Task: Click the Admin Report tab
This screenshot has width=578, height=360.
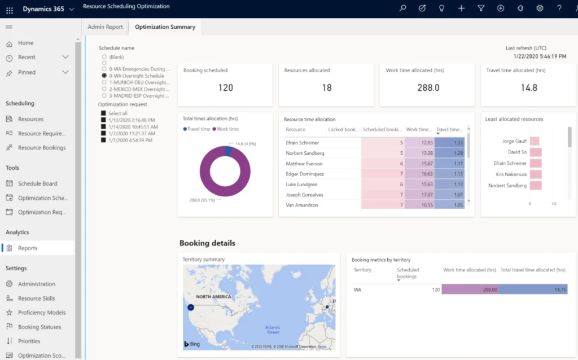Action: (x=105, y=27)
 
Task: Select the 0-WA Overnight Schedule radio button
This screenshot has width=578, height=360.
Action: (x=104, y=76)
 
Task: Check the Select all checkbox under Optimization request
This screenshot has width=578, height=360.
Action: (x=103, y=113)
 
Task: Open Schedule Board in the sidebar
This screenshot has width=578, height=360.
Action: (x=37, y=183)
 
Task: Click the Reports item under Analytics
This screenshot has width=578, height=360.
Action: (x=28, y=248)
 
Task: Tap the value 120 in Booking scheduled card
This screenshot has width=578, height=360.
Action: (x=226, y=88)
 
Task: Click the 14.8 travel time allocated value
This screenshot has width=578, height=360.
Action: (x=529, y=88)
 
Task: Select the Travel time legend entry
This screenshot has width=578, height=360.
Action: (x=198, y=129)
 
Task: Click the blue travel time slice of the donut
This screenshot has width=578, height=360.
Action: (x=227, y=150)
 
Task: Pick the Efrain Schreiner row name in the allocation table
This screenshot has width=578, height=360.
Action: (x=303, y=143)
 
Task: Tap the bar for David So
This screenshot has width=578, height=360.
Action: (x=535, y=152)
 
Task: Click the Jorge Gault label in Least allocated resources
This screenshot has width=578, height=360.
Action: (x=514, y=141)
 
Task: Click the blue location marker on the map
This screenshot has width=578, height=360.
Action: (x=191, y=308)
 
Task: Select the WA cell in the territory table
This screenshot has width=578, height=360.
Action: (x=357, y=289)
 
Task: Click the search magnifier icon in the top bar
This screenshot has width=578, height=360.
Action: (x=402, y=8)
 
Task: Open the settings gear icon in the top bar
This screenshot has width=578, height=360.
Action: (x=540, y=8)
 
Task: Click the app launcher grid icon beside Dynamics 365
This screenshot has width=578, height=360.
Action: (x=9, y=10)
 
